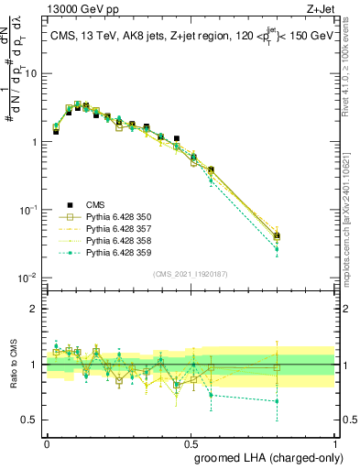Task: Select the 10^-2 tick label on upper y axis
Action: pyautogui.click(x=29, y=278)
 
